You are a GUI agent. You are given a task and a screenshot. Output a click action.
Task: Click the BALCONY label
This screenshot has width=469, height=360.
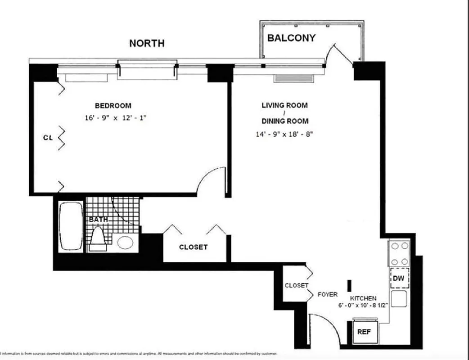coord(291,38)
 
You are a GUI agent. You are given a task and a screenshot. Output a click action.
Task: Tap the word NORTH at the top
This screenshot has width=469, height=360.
coord(147,43)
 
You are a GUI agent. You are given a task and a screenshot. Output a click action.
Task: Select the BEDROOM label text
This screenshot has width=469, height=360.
coord(113,106)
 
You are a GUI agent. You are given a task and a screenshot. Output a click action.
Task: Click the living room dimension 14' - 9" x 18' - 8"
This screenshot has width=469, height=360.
coord(284,134)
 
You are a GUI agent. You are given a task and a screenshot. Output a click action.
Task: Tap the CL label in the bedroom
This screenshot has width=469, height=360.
coord(48,138)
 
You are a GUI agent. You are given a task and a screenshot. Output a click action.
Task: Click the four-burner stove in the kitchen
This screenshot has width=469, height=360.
coord(399,254)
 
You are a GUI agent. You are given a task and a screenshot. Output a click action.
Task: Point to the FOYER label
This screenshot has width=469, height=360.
coord(328,295)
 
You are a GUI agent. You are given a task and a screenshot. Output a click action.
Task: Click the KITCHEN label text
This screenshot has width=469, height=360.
coord(363,298)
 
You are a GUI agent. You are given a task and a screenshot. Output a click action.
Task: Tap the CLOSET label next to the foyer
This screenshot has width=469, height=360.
coord(297,286)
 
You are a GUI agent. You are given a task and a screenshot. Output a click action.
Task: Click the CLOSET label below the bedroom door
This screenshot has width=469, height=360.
coord(194,247)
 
